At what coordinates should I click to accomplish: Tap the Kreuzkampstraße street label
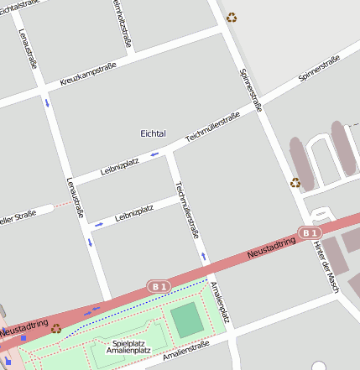pyautogui.click(x=88, y=75)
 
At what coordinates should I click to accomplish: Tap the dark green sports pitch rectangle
pyautogui.click(x=187, y=320)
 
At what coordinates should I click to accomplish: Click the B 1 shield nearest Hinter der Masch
pyautogui.click(x=310, y=232)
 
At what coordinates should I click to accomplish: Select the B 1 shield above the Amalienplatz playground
pyautogui.click(x=159, y=285)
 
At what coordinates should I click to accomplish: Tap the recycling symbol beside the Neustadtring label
pyautogui.click(x=55, y=328)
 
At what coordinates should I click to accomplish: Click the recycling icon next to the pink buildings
pyautogui.click(x=295, y=182)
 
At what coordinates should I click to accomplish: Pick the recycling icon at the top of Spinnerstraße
pyautogui.click(x=232, y=17)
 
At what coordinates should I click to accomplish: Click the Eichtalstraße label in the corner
pyautogui.click(x=20, y=6)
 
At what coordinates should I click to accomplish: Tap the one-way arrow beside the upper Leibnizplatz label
pyautogui.click(x=154, y=154)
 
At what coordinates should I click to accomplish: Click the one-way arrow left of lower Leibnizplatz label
pyautogui.click(x=98, y=224)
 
